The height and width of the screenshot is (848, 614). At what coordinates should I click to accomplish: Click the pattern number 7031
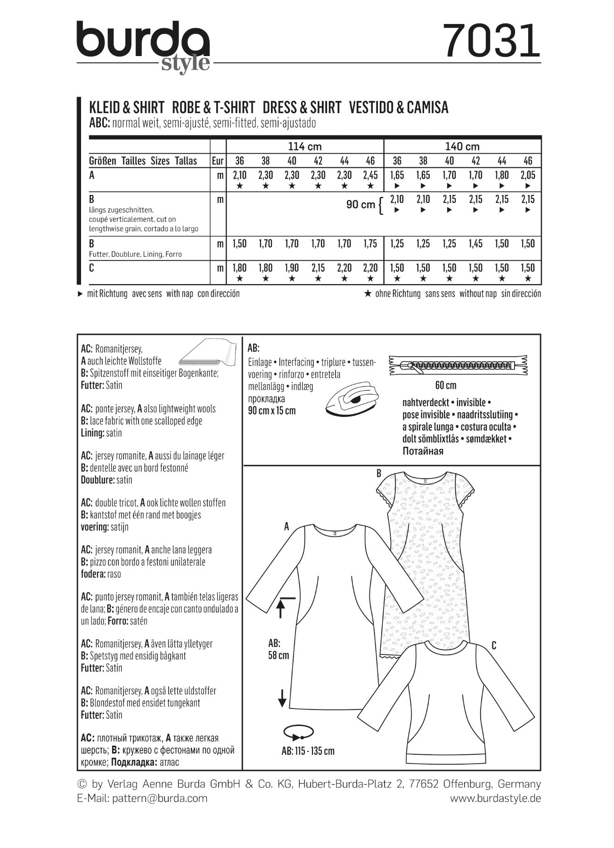(x=492, y=41)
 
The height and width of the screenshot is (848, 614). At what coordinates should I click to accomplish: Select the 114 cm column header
(x=305, y=147)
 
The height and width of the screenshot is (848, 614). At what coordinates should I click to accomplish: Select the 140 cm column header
(x=462, y=147)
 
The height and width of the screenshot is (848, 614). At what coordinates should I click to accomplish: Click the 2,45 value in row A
(x=370, y=175)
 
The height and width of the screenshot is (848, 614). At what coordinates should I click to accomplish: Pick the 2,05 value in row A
(x=528, y=175)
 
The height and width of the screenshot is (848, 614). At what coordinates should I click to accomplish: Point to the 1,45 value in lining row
(x=475, y=244)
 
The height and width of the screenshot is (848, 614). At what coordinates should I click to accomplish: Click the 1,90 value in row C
(x=292, y=268)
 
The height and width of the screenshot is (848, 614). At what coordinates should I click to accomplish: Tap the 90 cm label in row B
(x=360, y=204)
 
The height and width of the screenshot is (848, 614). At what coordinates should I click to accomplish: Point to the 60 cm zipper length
(x=446, y=385)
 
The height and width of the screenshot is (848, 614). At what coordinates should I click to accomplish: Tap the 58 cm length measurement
(x=278, y=655)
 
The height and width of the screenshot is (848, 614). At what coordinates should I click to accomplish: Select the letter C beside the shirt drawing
(x=493, y=645)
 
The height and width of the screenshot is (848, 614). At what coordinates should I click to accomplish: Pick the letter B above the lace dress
(x=378, y=473)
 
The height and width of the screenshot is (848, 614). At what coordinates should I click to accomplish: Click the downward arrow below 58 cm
(x=282, y=698)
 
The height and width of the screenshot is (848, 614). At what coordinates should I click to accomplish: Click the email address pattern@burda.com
(x=160, y=798)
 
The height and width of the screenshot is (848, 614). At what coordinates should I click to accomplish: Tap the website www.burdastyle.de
(x=495, y=798)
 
